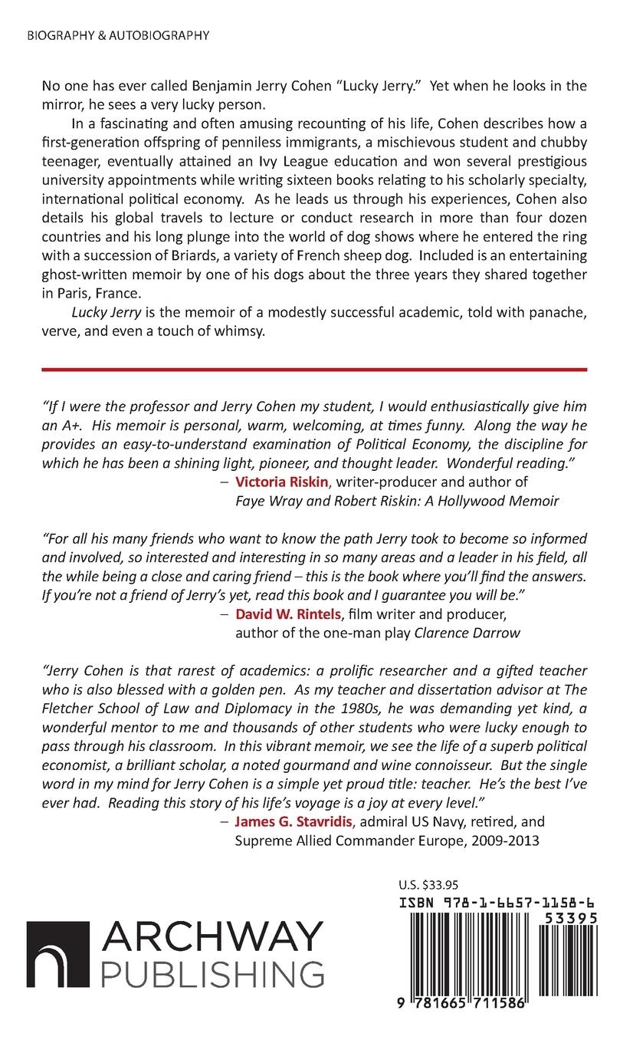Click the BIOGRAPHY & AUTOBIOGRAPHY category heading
(117, 35)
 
